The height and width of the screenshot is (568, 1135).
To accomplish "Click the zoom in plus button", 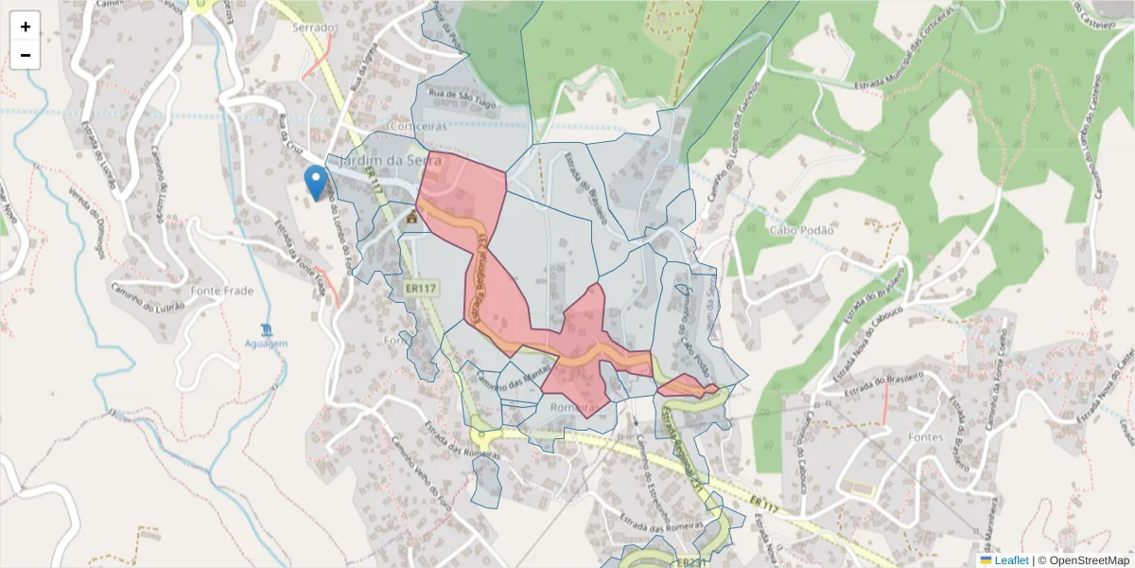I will [x=26, y=27].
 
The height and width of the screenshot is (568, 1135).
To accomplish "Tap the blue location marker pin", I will [x=317, y=181].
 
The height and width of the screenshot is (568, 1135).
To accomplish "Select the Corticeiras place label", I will [x=416, y=126].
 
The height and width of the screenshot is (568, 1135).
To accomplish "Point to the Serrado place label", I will [x=314, y=27].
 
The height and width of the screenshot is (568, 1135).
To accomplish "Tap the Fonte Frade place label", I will [x=222, y=291].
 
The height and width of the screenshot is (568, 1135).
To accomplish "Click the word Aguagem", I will [x=266, y=343].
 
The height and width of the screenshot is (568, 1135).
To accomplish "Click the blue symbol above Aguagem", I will [x=267, y=328].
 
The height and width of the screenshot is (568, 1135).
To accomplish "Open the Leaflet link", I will [x=1011, y=560].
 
